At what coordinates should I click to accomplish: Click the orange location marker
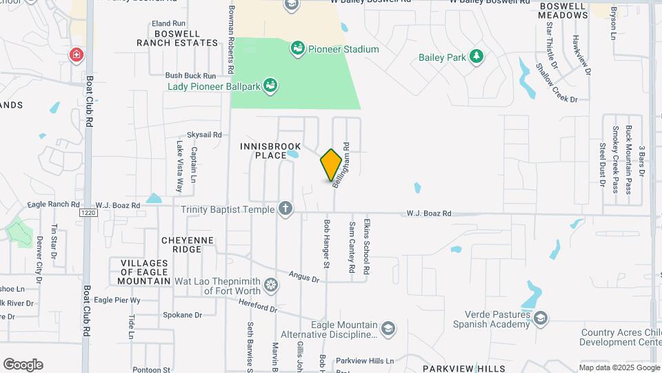click(332, 165)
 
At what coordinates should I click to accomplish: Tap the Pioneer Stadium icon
click(298, 48)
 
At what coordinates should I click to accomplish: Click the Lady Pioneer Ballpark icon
click(272, 86)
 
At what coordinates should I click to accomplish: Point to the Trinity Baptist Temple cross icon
click(285, 209)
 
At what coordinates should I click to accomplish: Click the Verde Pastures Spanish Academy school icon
click(541, 318)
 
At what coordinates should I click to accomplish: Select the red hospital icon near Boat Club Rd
click(75, 55)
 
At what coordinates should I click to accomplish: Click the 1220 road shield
click(88, 213)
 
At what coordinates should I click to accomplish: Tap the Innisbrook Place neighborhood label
click(263, 151)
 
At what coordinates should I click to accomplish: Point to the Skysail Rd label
click(205, 135)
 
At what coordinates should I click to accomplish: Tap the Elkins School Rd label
click(368, 246)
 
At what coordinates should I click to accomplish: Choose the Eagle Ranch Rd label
click(54, 204)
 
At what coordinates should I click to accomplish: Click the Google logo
click(23, 364)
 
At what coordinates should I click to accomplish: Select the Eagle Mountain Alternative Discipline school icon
click(388, 328)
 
